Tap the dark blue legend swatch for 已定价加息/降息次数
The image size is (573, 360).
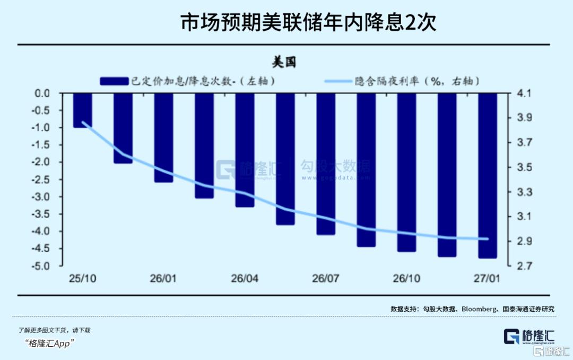(114, 81)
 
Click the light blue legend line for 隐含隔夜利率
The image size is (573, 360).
(337, 81)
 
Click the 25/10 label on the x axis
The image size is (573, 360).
(82, 278)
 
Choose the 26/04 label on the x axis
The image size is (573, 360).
(245, 278)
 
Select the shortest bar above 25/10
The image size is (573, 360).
(82, 110)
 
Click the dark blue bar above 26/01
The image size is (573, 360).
(163, 138)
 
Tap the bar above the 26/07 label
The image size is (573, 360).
(326, 164)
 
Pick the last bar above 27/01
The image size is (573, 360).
(488, 175)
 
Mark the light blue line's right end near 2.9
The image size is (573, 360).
(488, 239)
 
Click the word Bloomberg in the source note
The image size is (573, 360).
(479, 308)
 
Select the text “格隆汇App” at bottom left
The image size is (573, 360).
(51, 342)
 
